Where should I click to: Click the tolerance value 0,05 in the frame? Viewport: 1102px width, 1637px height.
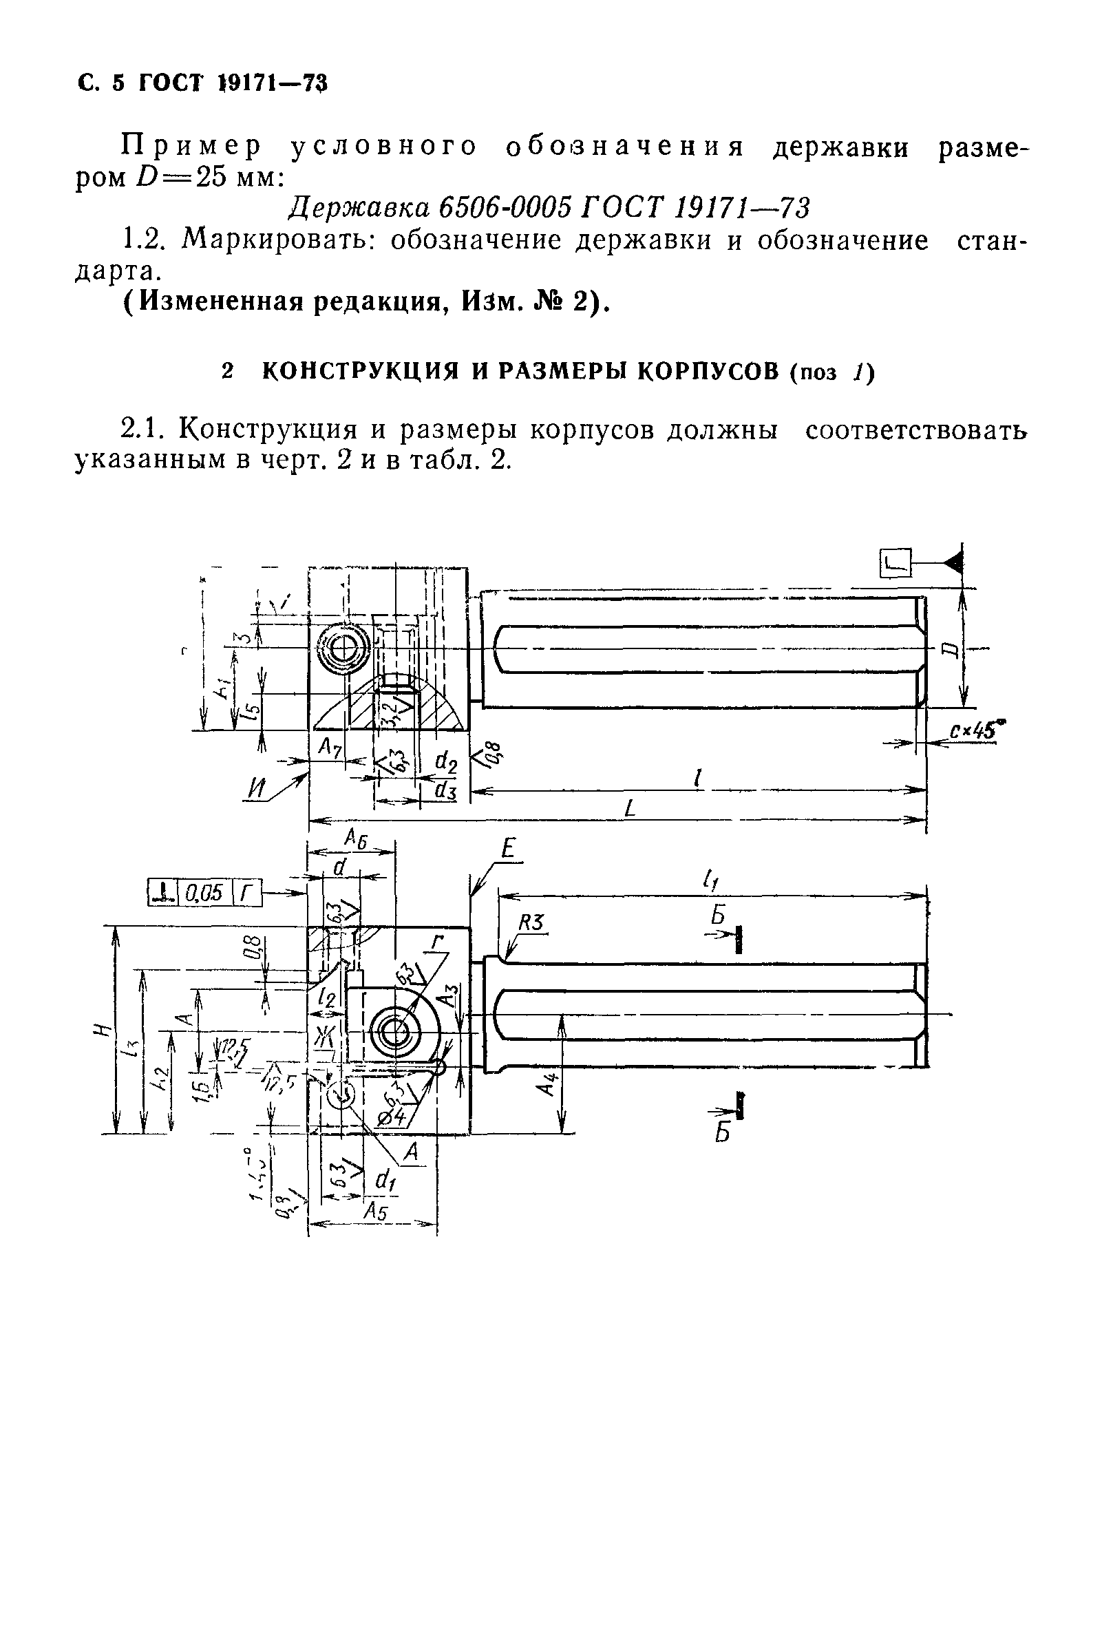click(x=204, y=893)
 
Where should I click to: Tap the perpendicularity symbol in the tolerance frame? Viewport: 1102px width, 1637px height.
click(x=163, y=893)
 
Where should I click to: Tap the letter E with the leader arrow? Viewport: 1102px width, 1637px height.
click(x=509, y=849)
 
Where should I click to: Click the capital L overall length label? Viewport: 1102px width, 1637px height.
click(x=630, y=809)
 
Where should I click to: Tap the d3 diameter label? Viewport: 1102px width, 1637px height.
click(x=445, y=791)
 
